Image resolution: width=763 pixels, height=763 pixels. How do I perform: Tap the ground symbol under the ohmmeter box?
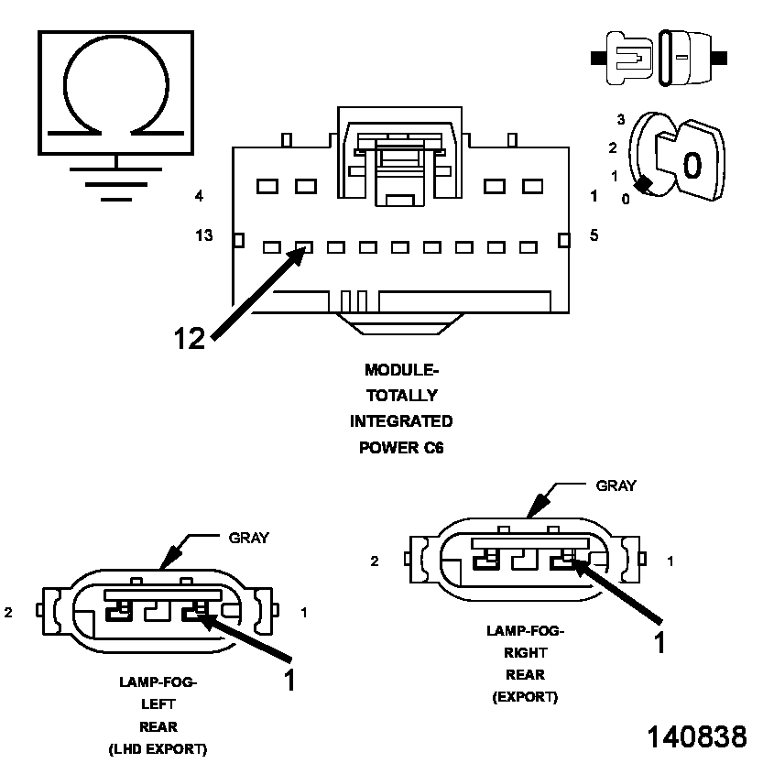point(115,182)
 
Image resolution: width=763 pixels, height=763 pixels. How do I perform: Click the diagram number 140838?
point(697,736)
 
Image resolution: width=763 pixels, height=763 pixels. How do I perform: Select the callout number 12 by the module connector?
point(190,338)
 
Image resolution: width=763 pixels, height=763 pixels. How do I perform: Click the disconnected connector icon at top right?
point(659,58)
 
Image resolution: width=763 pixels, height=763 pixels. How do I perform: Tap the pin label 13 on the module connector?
point(203,236)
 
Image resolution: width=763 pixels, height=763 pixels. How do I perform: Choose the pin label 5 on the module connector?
point(594,235)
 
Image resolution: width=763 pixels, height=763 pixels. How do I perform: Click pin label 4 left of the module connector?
point(199,196)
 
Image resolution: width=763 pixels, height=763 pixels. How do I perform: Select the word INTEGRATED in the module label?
point(401,421)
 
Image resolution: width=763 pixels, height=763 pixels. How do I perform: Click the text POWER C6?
point(401,448)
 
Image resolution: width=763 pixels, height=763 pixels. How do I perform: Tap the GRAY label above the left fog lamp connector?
point(248,538)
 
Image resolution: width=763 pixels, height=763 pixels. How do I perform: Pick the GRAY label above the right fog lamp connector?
point(616,485)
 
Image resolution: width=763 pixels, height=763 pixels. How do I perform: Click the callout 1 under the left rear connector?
point(289,680)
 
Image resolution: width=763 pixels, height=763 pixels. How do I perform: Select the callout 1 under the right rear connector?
point(658,642)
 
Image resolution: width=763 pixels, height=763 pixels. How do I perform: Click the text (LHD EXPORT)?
point(158,749)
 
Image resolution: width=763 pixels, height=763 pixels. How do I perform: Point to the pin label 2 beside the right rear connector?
point(375,561)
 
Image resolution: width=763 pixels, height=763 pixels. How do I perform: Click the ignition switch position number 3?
point(620,120)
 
